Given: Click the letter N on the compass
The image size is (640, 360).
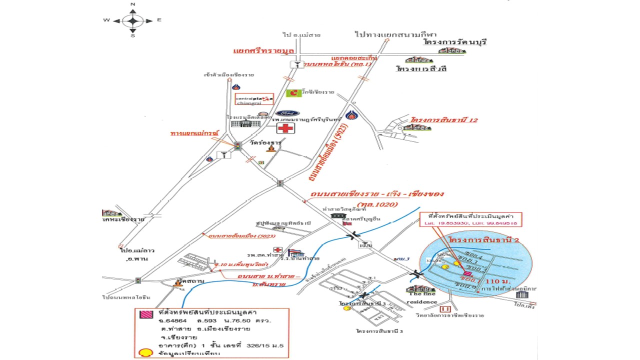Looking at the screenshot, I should (x=133, y=4).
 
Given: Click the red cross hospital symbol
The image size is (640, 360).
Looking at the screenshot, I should (x=286, y=128).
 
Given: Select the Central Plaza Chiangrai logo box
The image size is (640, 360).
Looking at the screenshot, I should (x=254, y=99).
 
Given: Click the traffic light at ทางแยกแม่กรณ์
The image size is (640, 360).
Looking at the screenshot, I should (x=238, y=146).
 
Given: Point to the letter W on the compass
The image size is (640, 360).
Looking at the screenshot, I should (x=106, y=20).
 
